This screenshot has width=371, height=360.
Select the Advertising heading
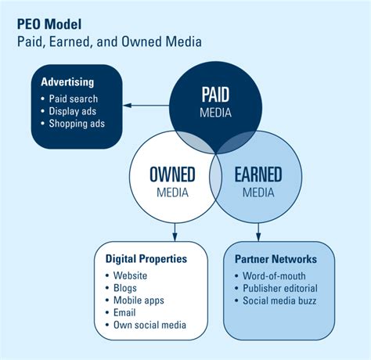(68, 82)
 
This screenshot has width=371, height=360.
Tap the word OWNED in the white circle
(172, 175)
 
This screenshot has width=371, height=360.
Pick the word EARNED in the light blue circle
(258, 175)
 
